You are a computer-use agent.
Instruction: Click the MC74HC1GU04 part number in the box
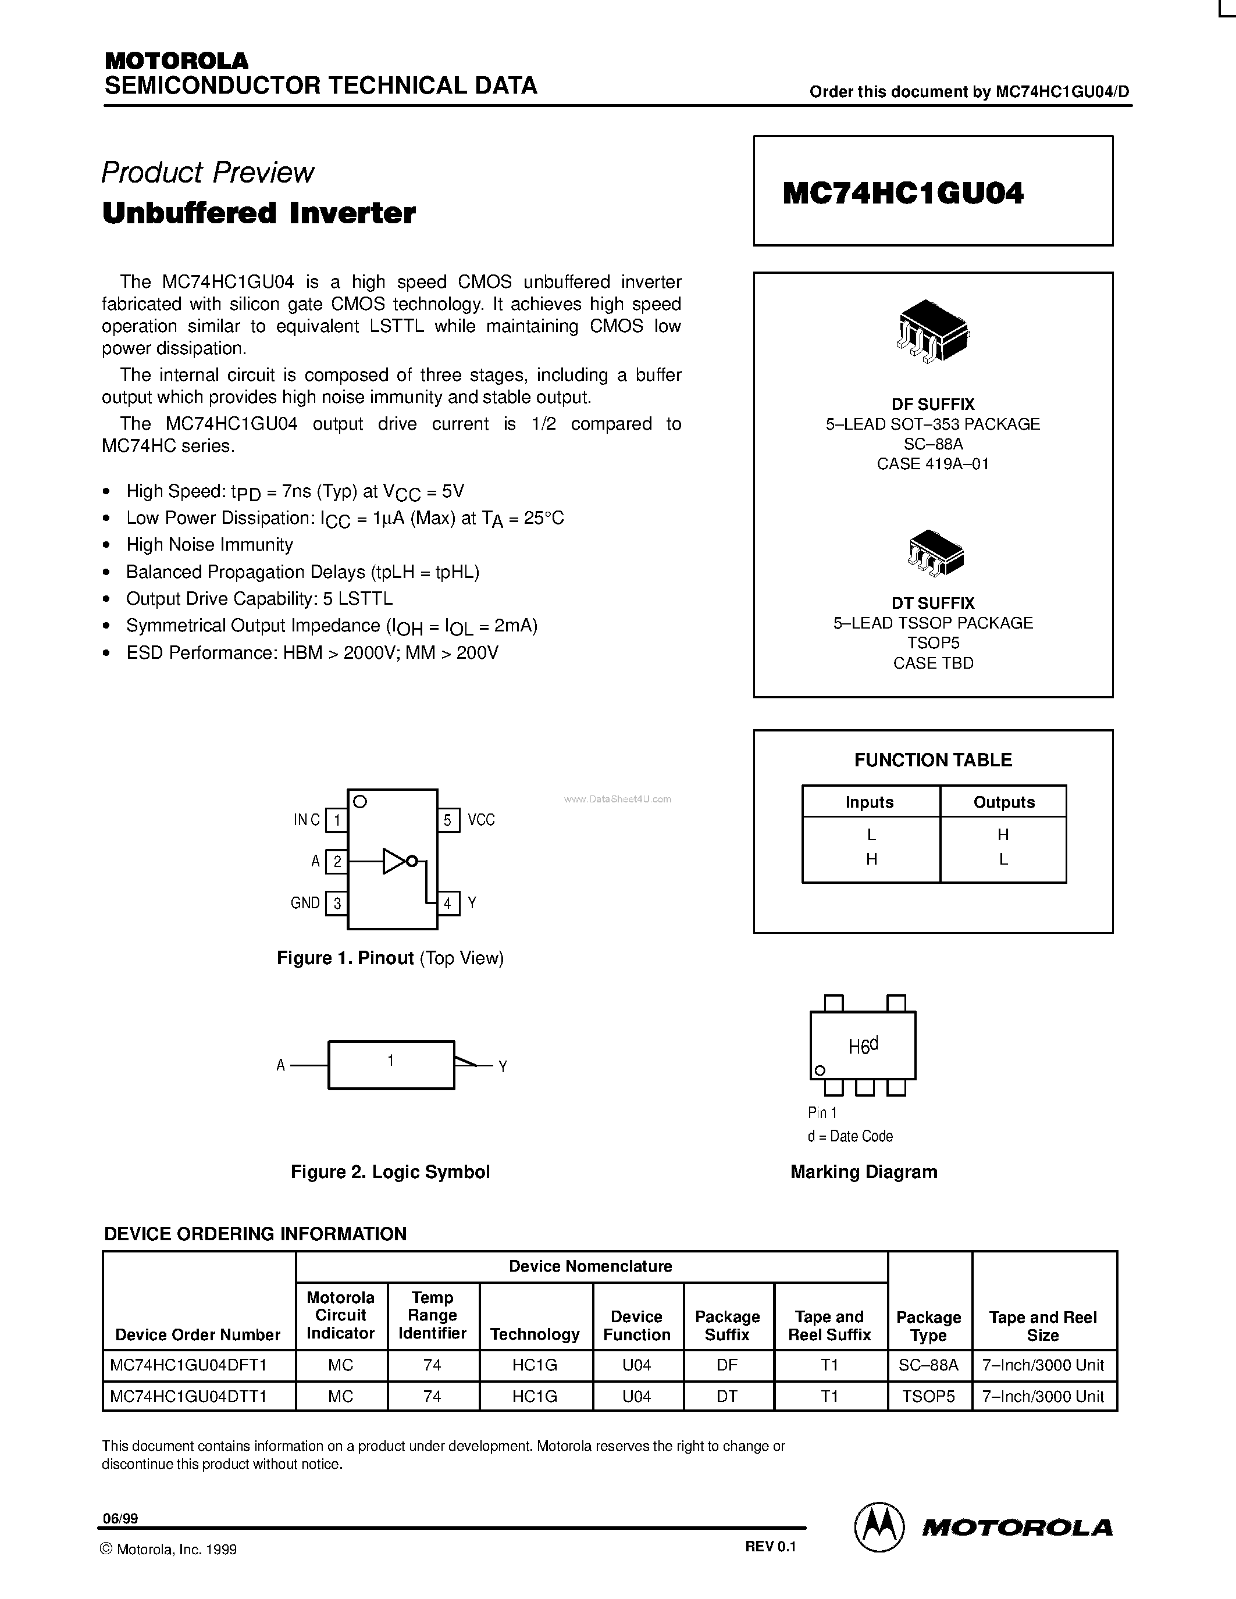903,193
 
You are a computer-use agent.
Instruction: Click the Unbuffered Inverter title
258,213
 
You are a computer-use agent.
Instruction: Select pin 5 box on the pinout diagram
448,819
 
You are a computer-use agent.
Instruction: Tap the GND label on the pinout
305,903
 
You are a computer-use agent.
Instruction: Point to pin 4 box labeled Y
448,903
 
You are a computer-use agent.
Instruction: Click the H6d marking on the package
863,1046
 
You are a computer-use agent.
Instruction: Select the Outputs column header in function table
1003,802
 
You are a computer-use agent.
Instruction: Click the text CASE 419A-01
932,463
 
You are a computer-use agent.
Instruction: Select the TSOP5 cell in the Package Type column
928,1396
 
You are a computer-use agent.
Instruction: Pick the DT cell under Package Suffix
726,1396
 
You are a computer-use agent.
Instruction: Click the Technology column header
535,1334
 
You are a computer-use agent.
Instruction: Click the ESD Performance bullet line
312,652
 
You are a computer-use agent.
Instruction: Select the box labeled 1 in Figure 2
391,1065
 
